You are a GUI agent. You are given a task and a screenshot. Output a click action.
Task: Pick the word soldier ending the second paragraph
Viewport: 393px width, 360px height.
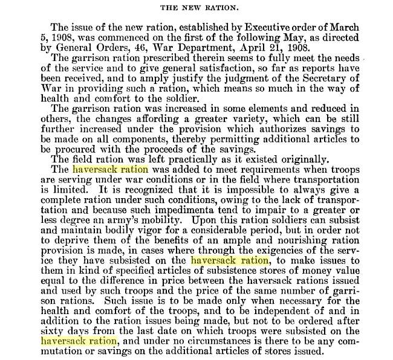tap(181, 98)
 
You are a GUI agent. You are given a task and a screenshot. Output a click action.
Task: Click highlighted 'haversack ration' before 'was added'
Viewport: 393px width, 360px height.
tap(109, 170)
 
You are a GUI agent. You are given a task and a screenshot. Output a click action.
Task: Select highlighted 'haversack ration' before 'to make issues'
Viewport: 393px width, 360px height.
tap(229, 260)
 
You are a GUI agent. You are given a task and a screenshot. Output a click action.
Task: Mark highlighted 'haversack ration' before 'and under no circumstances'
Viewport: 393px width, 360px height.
tap(79, 341)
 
